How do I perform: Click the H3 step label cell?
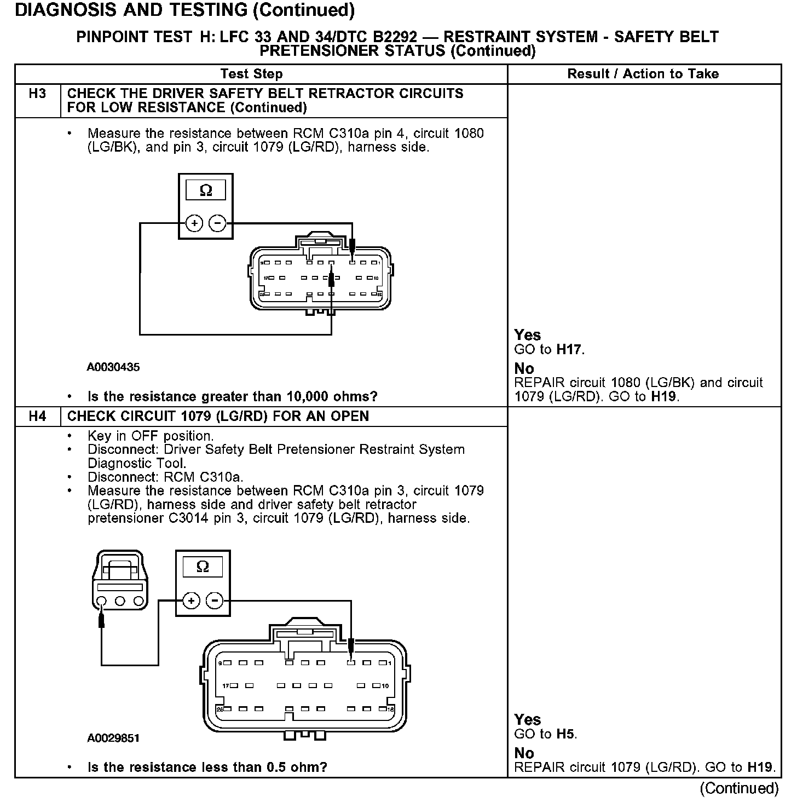(x=37, y=94)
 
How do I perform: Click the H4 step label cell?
(x=37, y=417)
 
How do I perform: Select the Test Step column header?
(x=251, y=74)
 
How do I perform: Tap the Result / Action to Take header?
(x=643, y=74)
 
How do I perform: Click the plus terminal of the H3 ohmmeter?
(x=194, y=223)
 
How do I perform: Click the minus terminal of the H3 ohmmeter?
(x=218, y=223)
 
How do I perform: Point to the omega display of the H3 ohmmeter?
(x=206, y=191)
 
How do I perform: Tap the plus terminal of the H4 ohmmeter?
(x=191, y=601)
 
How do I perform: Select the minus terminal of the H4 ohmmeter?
(x=215, y=601)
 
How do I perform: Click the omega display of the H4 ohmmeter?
(x=203, y=567)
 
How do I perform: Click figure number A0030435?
(x=113, y=367)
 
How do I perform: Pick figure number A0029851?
(x=113, y=738)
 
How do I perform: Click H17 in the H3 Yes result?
(x=569, y=350)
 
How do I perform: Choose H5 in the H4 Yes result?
(x=565, y=734)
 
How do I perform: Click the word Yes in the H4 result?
(x=528, y=720)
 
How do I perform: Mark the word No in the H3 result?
(x=524, y=369)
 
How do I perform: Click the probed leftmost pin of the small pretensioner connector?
(x=101, y=602)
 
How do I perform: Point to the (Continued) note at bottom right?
(x=739, y=788)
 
